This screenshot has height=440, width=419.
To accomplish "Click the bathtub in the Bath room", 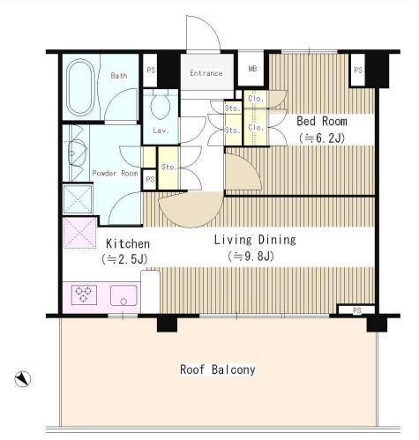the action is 80,87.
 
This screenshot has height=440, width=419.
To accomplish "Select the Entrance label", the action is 206,73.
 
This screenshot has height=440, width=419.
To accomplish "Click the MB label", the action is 252,69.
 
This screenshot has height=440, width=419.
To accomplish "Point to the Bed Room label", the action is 322,121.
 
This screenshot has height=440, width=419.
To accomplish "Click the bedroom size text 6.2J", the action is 322,138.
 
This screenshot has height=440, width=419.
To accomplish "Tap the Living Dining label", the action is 255,240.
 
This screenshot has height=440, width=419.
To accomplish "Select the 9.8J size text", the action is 251,257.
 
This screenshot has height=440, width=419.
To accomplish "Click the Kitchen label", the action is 128,243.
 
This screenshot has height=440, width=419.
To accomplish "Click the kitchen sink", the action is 123,295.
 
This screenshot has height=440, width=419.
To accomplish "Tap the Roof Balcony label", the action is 218,369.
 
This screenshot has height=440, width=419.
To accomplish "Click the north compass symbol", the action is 23,379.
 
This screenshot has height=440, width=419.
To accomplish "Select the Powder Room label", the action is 115,173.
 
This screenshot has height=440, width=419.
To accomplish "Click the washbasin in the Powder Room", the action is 77,153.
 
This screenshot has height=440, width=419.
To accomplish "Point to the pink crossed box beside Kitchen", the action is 80,233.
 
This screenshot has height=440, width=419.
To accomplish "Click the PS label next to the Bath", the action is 151,71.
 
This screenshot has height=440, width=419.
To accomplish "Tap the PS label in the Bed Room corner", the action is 358,71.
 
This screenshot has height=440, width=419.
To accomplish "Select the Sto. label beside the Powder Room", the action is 169,168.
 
